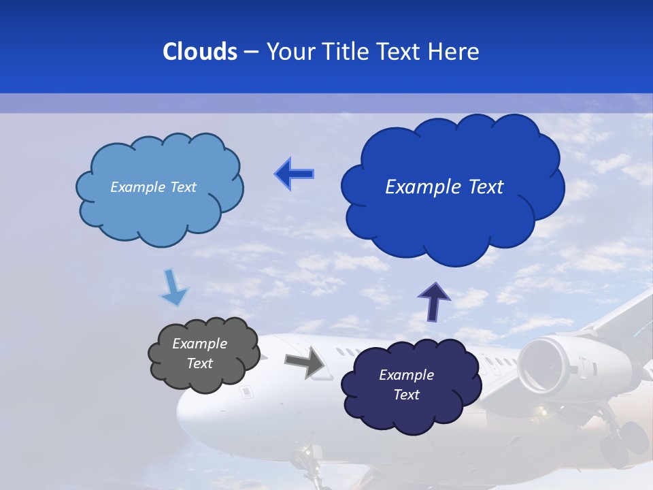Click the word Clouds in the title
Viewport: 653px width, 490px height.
200,52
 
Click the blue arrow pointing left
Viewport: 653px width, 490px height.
294,174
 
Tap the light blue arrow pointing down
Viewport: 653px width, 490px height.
173,288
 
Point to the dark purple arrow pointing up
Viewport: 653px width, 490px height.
433,301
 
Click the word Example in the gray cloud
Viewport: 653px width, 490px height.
199,344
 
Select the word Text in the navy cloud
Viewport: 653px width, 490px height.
406,395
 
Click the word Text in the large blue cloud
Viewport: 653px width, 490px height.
482,187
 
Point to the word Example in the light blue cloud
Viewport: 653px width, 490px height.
137,187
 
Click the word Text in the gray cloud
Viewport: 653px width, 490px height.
199,363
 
